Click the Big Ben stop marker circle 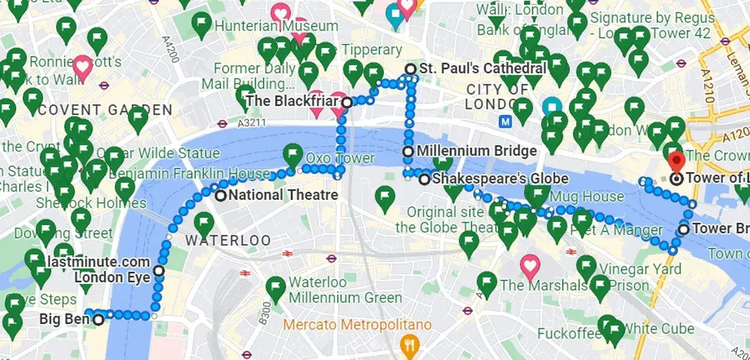point(98,320)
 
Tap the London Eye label point(112,277)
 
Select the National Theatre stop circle point(220,196)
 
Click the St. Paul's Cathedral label point(483,69)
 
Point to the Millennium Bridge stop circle point(408,152)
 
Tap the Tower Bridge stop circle point(683,229)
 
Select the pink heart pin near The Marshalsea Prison point(530,266)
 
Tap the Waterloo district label point(228,240)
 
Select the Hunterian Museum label point(277,26)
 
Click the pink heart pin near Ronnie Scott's point(83,67)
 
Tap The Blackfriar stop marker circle point(347,103)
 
